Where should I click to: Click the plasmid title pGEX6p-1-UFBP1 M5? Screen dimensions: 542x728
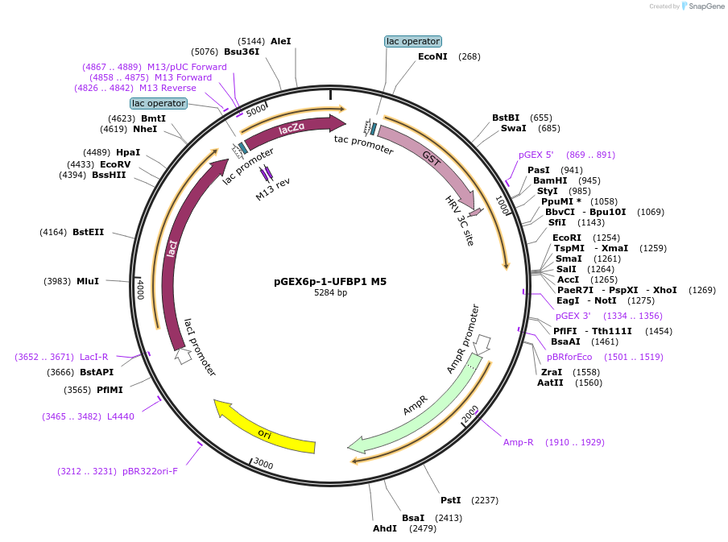pos(330,282)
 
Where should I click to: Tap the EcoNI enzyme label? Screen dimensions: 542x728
pos(432,56)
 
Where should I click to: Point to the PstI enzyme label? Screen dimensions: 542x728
pos(451,500)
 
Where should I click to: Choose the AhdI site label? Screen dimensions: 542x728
pos(385,528)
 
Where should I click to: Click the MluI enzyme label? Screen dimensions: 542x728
pos(88,281)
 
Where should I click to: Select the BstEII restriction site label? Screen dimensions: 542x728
pos(88,232)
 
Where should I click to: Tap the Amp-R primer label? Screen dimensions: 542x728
pos(519,442)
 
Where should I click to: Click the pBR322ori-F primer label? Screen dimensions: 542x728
pos(150,471)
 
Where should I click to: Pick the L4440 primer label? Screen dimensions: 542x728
pos(121,416)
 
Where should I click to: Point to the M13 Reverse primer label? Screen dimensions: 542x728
pos(168,88)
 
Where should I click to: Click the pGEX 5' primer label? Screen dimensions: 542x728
pos(536,155)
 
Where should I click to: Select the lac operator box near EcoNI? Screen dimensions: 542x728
pos(413,41)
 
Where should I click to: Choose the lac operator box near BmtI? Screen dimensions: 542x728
pos(159,103)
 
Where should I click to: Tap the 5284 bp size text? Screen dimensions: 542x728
pos(330,293)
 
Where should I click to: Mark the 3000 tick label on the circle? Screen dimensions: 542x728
pos(263,464)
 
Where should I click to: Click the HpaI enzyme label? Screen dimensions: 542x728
pos(127,152)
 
